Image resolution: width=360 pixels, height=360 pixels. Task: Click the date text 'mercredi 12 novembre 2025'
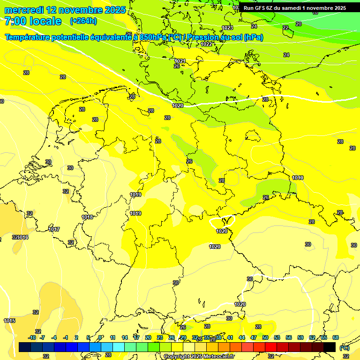click(x=65, y=10)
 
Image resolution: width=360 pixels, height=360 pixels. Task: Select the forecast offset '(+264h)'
click(x=83, y=21)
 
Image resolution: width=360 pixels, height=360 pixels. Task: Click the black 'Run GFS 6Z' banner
click(x=294, y=7)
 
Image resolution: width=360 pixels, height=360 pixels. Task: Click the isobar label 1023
click(x=228, y=28)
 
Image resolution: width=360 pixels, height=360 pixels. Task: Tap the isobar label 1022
click(x=206, y=44)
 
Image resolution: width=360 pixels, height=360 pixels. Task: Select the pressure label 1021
click(x=180, y=61)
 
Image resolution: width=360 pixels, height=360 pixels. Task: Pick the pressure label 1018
click(x=87, y=217)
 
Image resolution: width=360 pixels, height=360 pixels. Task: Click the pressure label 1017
click(x=54, y=229)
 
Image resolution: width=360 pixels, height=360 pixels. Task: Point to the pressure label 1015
click(x=9, y=321)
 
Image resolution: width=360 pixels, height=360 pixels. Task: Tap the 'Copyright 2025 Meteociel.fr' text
click(x=198, y=356)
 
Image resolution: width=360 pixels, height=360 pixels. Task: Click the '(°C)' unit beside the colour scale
click(x=345, y=347)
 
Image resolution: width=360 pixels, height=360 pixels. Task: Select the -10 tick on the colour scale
click(x=32, y=337)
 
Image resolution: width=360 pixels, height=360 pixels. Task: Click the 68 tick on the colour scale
click(x=336, y=337)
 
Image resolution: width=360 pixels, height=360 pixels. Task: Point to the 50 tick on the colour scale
click(x=265, y=337)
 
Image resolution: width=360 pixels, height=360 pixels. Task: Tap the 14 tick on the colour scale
click(x=125, y=337)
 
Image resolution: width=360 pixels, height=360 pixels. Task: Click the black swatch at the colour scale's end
click(x=330, y=347)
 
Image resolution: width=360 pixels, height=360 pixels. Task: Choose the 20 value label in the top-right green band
click(x=299, y=23)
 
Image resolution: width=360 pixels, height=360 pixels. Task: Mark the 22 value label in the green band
click(x=285, y=28)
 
